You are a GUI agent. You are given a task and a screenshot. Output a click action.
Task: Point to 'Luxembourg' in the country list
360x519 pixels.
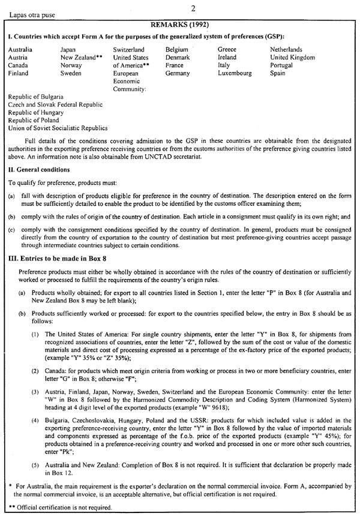pyautogui.click(x=235, y=73)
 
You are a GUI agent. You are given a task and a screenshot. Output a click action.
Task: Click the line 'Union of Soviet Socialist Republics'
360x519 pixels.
pyautogui.click(x=58, y=128)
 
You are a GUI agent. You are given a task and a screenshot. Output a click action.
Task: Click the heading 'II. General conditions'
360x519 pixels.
pyautogui.click(x=40, y=170)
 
